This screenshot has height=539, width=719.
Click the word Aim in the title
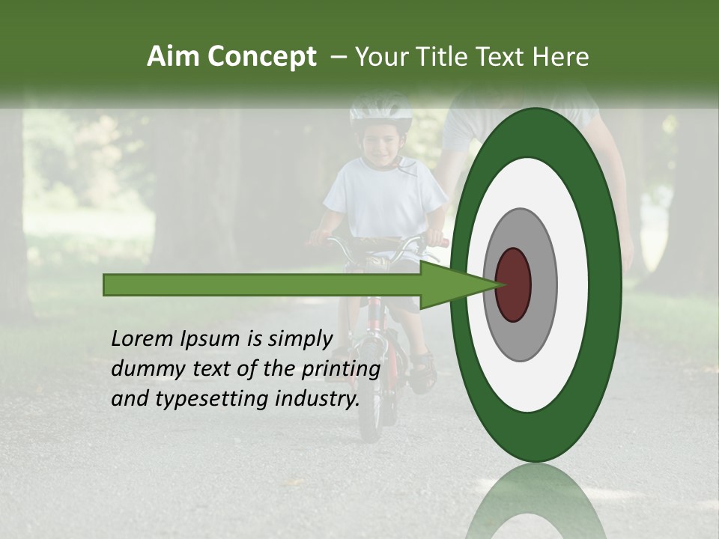(x=173, y=57)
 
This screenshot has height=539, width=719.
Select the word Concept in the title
(x=261, y=58)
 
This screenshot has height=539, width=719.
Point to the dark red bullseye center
(x=513, y=284)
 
